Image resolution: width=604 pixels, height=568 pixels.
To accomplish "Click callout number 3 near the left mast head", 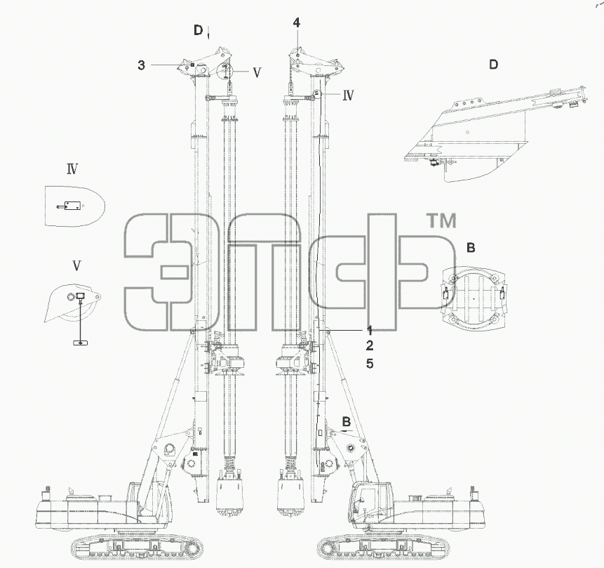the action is coord(142,65).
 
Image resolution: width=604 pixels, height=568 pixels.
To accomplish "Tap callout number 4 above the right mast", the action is coord(296,22).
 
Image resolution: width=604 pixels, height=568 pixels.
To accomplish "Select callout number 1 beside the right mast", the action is coord(370,331).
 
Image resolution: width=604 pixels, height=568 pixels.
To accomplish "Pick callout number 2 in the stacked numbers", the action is coord(370,346).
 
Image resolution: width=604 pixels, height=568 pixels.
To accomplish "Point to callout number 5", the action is coord(370,363).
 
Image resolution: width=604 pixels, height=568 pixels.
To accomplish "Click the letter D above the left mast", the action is coord(198,30).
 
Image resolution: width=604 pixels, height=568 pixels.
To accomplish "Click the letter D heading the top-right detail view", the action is coord(493,64).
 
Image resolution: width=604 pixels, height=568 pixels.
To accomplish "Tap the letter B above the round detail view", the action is coord(471,248).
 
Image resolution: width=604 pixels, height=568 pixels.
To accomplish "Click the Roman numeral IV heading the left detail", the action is coord(72,169).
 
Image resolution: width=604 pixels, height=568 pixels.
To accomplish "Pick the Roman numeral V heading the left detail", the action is coord(76,265).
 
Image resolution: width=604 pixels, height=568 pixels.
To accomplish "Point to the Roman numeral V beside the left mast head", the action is coord(257,72).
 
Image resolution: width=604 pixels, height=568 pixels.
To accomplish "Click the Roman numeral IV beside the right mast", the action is coord(348,95).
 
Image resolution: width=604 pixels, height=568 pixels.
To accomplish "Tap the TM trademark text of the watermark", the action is coord(442,221).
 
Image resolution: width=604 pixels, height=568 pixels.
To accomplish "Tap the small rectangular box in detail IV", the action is coord(72,206).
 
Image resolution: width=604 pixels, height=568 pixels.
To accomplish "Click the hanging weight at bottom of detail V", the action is coord(81,343).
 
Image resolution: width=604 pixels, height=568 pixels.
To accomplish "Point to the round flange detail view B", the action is coord(474,298).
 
